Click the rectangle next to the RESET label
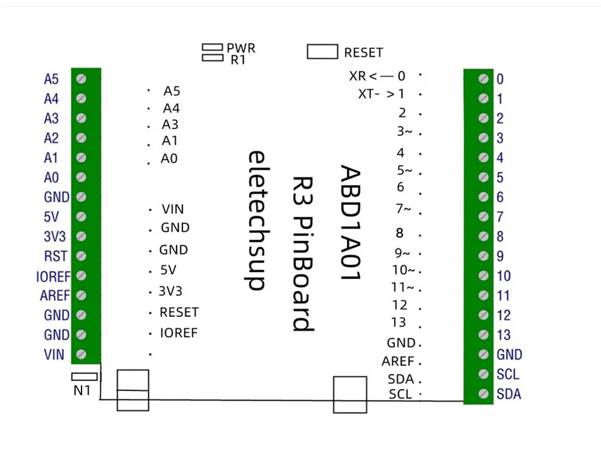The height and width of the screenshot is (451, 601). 322,52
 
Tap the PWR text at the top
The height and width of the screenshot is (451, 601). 241,48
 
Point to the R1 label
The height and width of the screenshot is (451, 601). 238,59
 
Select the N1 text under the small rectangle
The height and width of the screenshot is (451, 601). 82,389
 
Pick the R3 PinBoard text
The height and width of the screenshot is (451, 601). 303,254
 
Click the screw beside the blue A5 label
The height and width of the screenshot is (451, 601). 82,79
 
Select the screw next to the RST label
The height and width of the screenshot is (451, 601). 82,256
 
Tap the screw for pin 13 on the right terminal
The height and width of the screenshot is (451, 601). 484,335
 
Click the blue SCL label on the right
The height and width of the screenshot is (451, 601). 508,374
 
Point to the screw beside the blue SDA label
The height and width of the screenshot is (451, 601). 484,394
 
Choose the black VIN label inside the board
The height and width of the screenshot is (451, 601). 173,209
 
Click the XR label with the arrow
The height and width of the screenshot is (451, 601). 377,76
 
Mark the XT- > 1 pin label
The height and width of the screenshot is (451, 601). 381,93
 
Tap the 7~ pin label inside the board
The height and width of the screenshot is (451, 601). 403,208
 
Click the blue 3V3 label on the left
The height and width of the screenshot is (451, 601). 55,237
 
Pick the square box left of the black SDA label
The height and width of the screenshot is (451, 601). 350,395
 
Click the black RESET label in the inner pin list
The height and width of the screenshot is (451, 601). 179,312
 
